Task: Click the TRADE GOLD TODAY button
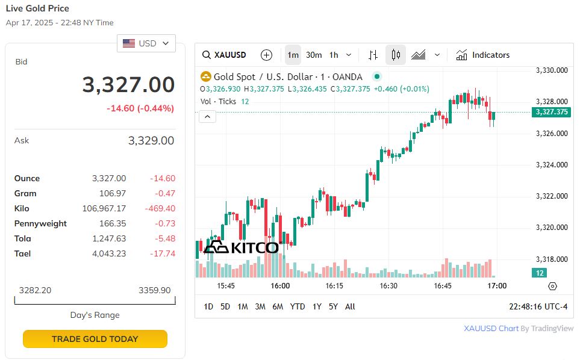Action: pos(95,339)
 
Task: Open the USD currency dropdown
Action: pos(146,43)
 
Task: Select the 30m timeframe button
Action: pos(314,55)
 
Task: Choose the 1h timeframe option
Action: pos(334,55)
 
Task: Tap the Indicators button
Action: pos(483,55)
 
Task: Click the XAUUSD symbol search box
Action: pos(225,55)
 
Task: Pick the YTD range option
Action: pos(298,306)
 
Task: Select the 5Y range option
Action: pos(333,306)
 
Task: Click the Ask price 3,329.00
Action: pos(151,140)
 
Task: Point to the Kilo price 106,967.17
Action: pos(104,208)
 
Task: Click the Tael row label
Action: pos(22,253)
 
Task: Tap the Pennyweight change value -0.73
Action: pos(163,223)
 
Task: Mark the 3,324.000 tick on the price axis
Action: pos(552,165)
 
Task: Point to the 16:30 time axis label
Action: pos(388,286)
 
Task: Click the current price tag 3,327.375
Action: pos(551,112)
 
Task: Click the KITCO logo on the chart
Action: pos(241,247)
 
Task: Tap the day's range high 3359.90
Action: pos(155,290)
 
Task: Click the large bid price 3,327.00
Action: pos(128,85)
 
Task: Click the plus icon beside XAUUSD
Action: pos(266,55)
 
